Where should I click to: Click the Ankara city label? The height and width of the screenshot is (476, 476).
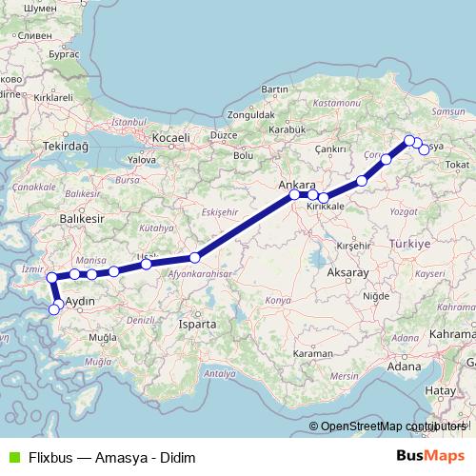click(x=295, y=185)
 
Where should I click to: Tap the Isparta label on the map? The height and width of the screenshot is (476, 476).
click(x=197, y=324)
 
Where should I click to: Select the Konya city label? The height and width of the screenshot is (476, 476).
click(x=277, y=300)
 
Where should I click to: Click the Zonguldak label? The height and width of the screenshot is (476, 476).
click(x=250, y=115)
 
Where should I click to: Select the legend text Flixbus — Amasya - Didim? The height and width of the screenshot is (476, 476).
click(x=112, y=458)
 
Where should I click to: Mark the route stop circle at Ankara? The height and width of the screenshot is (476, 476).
click(x=294, y=196)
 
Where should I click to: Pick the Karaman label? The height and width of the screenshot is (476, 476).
click(x=311, y=353)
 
